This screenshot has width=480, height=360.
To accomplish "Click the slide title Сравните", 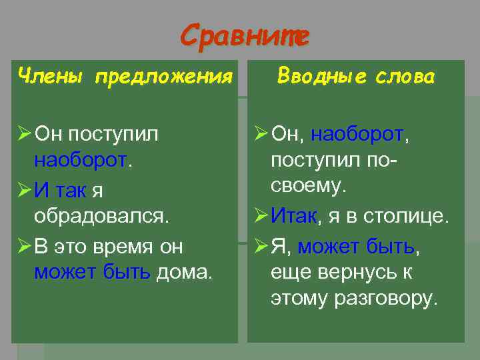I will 245,35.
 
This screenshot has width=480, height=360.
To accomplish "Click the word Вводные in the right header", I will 321,77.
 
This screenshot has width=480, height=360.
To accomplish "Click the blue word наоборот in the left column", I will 80,161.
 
